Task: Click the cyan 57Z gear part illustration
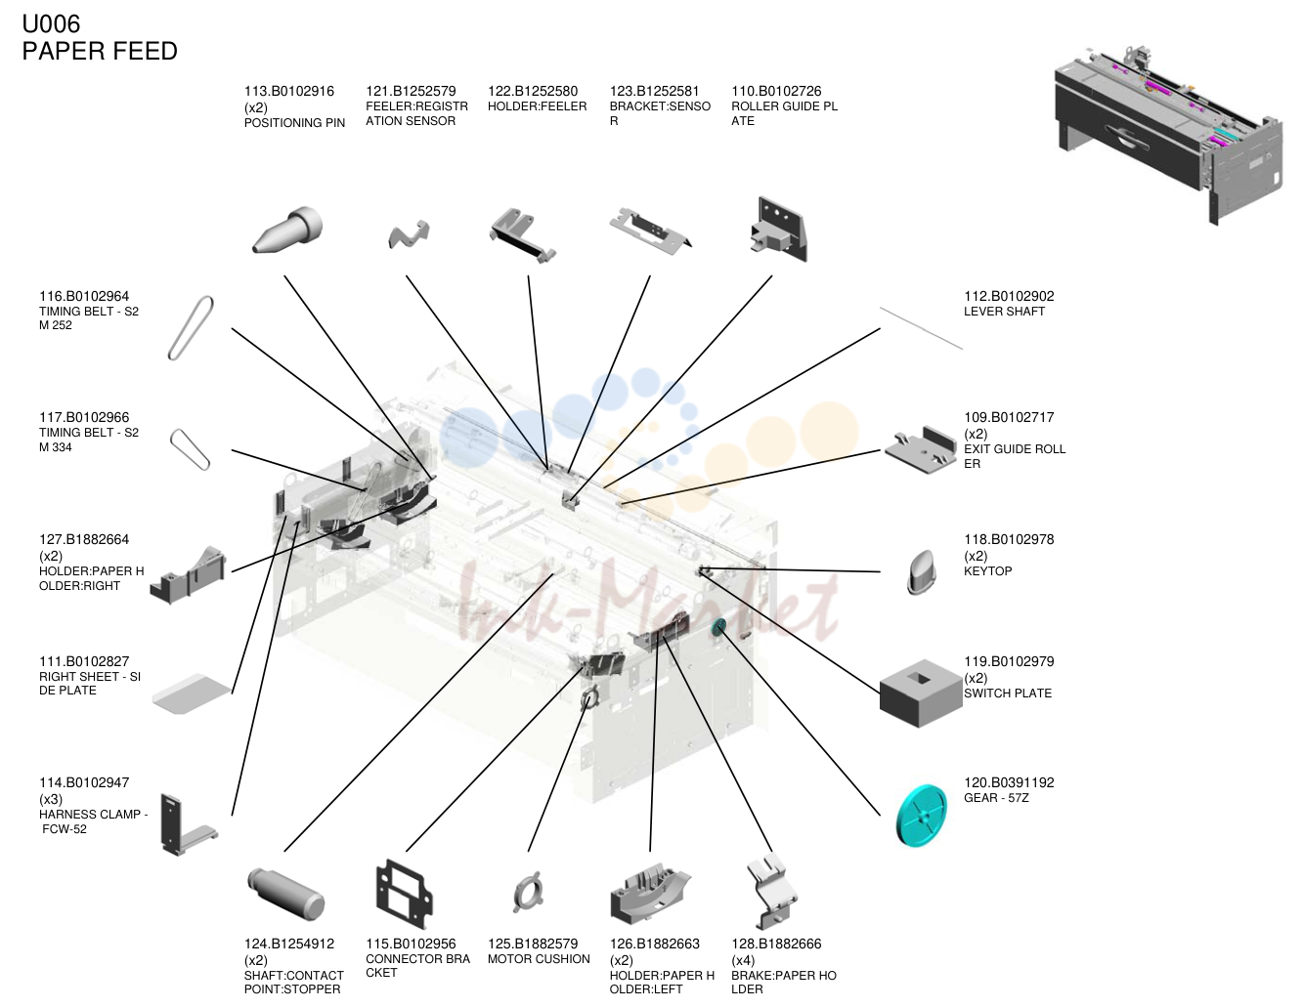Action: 922,816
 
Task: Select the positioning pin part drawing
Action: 287,230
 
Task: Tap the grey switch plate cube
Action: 921,693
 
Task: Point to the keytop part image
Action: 922,572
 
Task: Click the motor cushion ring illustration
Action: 528,892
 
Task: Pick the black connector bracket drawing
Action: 404,894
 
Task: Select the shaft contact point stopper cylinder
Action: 286,894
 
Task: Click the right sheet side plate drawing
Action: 192,693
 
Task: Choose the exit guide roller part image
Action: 921,449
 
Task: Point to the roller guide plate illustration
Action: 779,230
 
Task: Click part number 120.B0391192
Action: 1009,782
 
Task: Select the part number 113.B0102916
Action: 289,91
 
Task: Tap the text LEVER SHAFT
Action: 1004,312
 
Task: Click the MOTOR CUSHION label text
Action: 539,959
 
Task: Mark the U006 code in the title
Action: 51,24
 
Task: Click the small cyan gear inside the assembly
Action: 719,627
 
